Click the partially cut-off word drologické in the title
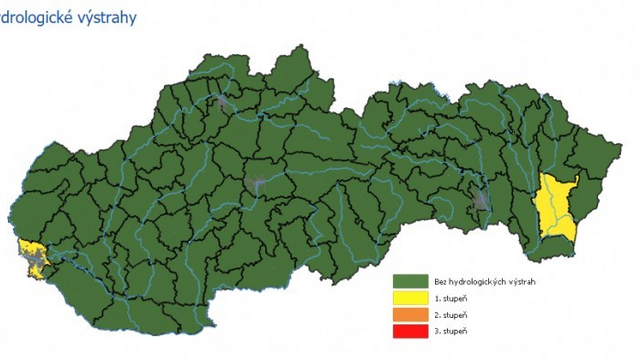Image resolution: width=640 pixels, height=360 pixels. point(40,18)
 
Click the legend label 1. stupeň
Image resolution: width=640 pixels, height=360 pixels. point(451,298)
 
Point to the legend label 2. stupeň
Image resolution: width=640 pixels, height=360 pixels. point(451,314)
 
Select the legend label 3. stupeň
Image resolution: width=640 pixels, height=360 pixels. point(451,330)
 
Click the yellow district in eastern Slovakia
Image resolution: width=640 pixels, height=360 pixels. point(556,205)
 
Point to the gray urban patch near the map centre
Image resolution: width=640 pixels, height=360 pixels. point(257,184)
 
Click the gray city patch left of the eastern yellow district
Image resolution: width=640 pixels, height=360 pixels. point(484,197)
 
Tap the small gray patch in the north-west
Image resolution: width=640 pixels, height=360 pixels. point(222,100)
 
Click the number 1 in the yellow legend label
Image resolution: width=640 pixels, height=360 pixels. point(436,298)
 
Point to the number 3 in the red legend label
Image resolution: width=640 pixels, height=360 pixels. point(436,330)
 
